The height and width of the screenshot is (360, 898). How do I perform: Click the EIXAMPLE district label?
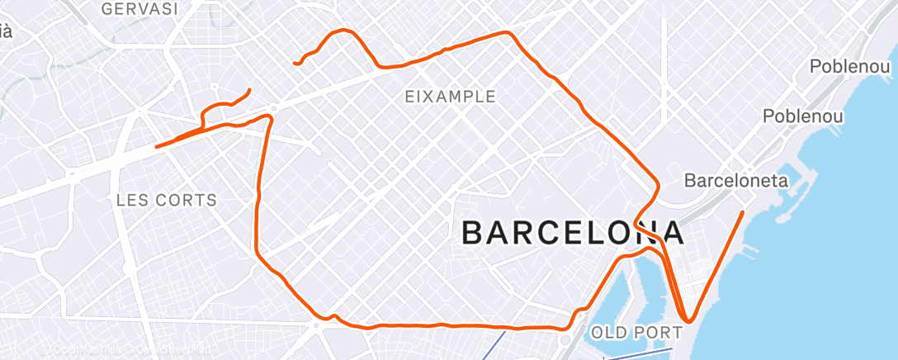451,97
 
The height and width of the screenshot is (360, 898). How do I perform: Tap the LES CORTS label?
167,200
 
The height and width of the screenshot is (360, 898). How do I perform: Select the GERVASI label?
139,8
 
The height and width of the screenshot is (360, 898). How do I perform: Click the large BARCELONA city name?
573,233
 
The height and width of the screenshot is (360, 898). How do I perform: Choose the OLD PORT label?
636,333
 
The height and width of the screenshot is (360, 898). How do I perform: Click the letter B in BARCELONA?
474,233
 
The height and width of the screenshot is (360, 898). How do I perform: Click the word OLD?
607,333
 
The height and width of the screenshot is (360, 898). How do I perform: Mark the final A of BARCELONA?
672,233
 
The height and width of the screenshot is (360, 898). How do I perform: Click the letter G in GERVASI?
107,8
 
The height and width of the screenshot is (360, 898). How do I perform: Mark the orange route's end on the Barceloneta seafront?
743,212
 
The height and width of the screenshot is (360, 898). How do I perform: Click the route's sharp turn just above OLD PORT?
688,320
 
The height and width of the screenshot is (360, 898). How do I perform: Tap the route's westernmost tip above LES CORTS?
157,147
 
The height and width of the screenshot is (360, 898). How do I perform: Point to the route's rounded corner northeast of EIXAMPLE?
509,33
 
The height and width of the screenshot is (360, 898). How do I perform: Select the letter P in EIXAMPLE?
469,97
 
